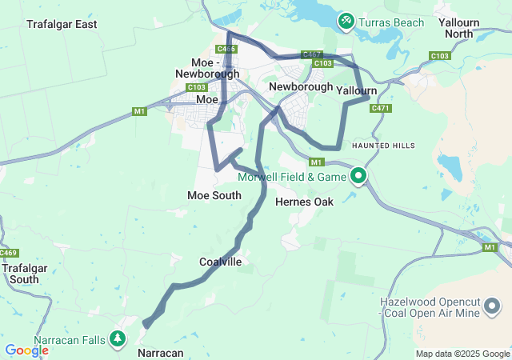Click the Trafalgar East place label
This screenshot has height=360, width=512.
[x=62, y=25]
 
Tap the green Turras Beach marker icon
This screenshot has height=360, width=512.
[x=346, y=20]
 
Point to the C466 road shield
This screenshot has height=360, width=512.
[x=226, y=50]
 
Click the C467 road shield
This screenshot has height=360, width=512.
[x=311, y=54]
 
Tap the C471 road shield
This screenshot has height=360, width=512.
[x=380, y=109]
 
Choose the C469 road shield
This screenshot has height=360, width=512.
[x=9, y=254]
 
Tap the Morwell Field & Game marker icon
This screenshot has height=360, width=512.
[x=358, y=175]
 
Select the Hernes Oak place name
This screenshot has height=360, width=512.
[x=304, y=202]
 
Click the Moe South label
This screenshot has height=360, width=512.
[x=214, y=195]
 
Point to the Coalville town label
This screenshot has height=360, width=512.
[x=220, y=262]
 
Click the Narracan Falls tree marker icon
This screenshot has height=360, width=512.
[x=118, y=339]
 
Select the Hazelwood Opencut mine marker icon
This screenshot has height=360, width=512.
[x=492, y=306]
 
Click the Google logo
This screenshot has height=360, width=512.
[x=26, y=350]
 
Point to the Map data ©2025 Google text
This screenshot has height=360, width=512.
[x=462, y=354]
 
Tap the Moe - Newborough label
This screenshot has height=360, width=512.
[x=207, y=68]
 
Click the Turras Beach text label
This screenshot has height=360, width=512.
[x=392, y=22]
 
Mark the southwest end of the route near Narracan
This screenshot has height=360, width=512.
[x=146, y=324]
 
